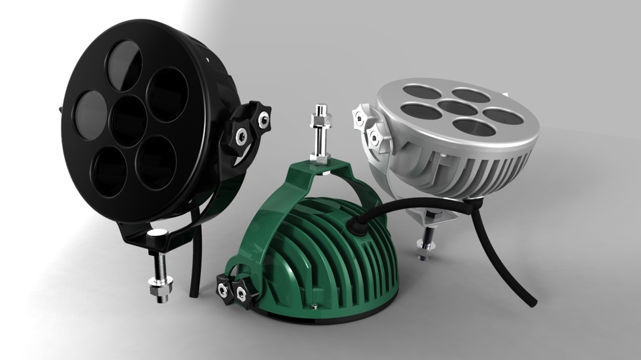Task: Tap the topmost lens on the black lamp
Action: pyautogui.click(x=124, y=64)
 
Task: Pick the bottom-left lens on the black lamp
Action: pyautogui.click(x=111, y=170)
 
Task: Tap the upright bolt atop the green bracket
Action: pyautogui.click(x=318, y=134)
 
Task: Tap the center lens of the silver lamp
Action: pyautogui.click(x=457, y=108)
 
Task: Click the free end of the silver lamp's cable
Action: pyautogui.click(x=531, y=302)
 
